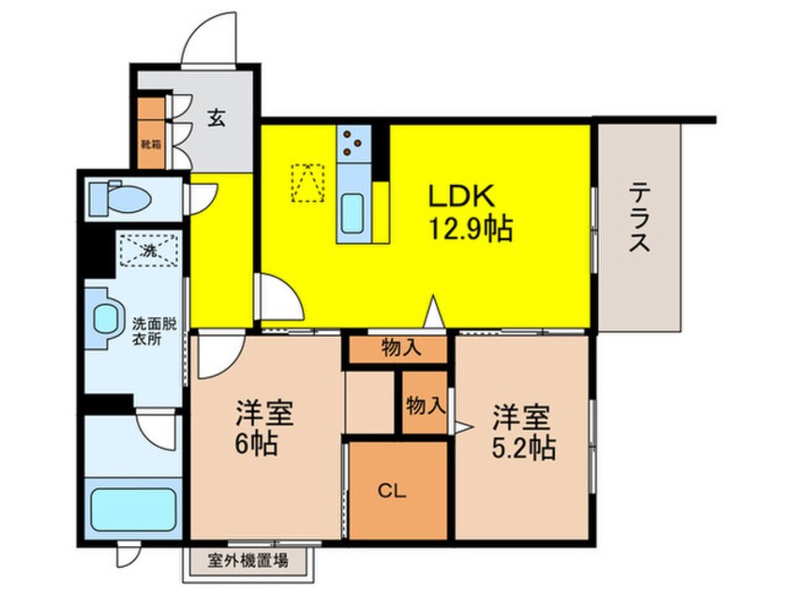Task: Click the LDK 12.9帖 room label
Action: coord(471,213)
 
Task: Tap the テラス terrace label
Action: coord(639,218)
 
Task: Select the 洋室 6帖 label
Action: coord(264,429)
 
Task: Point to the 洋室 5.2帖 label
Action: coord(523,432)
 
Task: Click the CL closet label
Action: coord(393,491)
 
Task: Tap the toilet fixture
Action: coord(120,198)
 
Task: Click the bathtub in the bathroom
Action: coord(133,510)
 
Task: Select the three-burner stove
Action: coord(353,143)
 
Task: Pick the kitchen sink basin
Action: coord(352,213)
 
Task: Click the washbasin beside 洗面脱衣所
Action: coord(105,319)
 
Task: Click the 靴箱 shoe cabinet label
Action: coord(151,145)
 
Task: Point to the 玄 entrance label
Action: coord(216,118)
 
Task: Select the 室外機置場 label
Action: coord(247,561)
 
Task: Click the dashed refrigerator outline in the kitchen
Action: coord(308,183)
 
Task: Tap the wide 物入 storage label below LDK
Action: coord(400,348)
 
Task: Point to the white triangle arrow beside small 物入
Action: coord(463,428)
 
